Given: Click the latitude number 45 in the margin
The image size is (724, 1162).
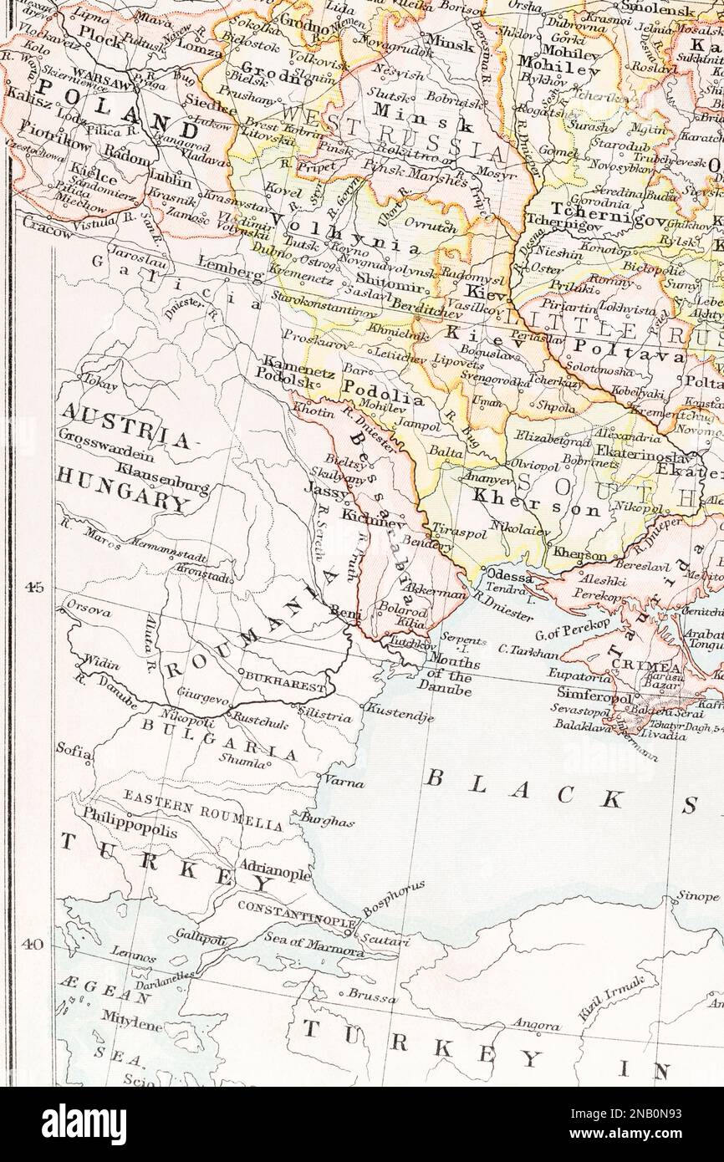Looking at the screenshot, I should (x=33, y=587).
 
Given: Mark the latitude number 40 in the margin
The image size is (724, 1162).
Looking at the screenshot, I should (x=33, y=945).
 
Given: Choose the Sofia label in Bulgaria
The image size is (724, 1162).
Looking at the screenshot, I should (x=74, y=750).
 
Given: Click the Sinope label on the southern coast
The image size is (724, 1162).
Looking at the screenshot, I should (x=697, y=895).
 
